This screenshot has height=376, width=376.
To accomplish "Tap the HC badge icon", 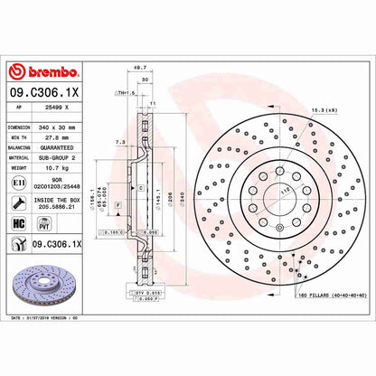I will [x=18, y=220].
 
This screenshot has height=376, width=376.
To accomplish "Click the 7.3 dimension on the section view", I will [x=120, y=143].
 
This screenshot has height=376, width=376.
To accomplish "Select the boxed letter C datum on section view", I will [x=139, y=187].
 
